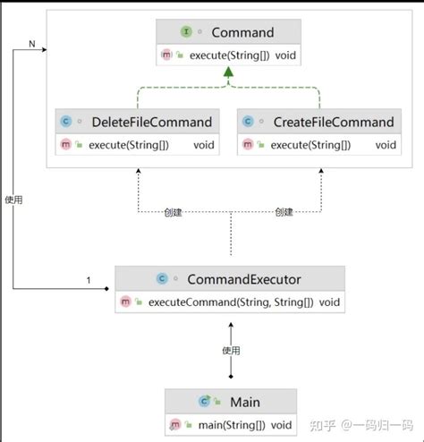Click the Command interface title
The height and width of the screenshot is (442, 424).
pos(242,33)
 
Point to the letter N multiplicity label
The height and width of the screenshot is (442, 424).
pos(33,43)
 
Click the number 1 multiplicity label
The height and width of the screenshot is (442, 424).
pos(88,281)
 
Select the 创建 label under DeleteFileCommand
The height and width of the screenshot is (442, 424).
pos(174,212)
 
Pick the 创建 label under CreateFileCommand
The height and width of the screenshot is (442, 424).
pos(284,212)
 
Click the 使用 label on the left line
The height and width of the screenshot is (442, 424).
pos(13,200)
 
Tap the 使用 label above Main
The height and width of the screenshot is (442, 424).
pos(232,350)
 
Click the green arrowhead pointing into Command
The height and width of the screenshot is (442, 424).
pos(230,80)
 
